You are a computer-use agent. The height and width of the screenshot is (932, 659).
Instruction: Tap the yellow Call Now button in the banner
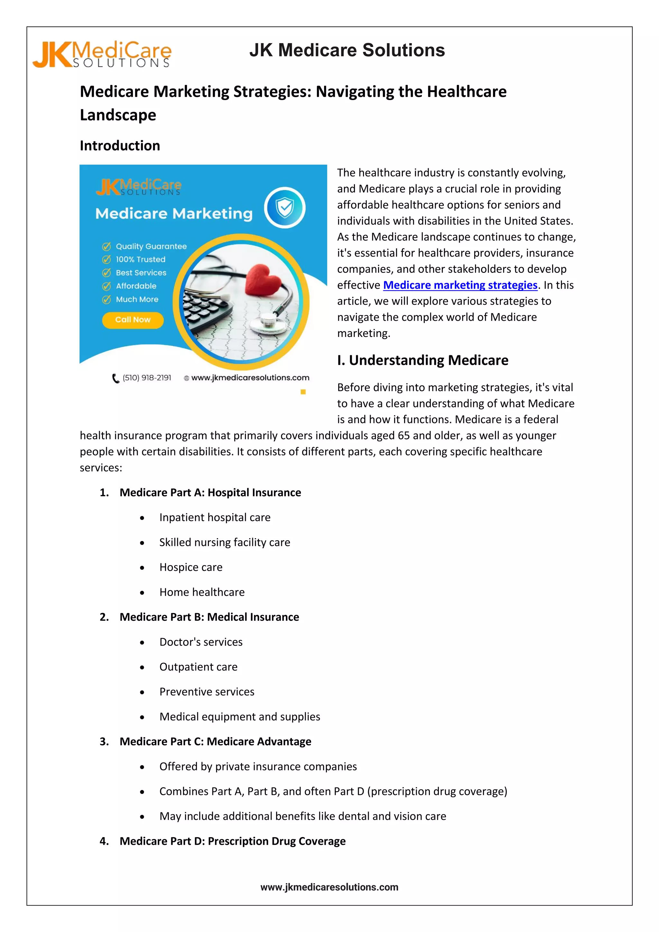point(133,320)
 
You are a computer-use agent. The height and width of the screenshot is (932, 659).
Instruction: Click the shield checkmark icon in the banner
point(285,208)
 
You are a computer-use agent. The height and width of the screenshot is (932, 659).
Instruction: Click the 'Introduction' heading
point(120,146)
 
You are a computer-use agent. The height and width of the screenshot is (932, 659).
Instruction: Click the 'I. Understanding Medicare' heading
point(422,360)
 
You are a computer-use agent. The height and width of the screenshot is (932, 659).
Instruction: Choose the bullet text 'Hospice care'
point(191,567)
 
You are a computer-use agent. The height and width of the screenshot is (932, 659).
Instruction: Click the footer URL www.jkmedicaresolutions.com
point(329,887)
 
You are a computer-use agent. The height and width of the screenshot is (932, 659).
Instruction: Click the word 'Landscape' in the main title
point(118,115)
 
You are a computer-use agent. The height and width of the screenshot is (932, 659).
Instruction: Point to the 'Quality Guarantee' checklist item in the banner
point(151,247)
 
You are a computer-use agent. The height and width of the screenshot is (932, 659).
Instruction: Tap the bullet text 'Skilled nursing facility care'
point(224,542)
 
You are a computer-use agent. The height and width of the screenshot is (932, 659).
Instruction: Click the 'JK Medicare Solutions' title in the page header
point(347,50)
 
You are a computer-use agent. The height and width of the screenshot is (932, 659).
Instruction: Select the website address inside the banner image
point(250,378)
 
